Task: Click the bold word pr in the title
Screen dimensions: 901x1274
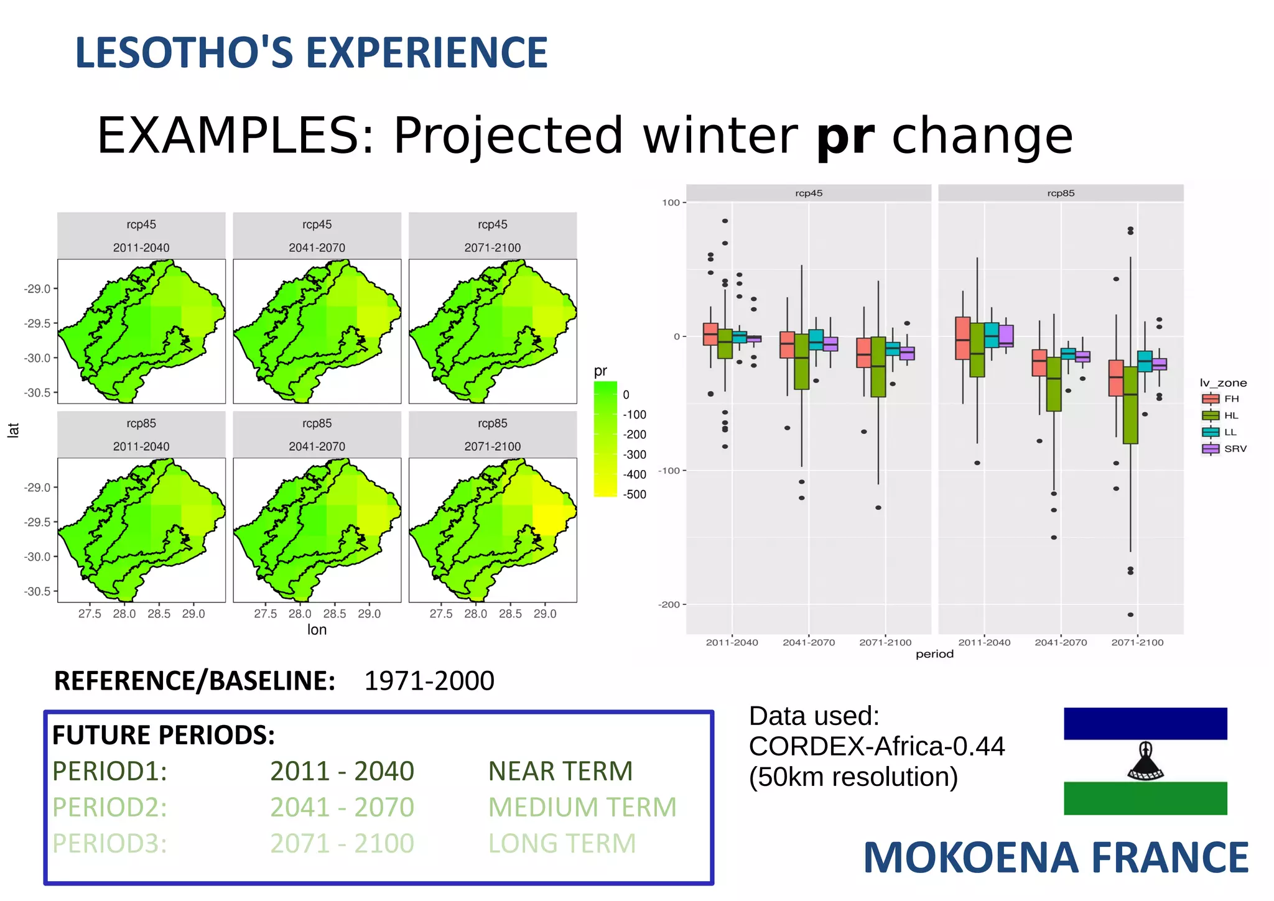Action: click(845, 137)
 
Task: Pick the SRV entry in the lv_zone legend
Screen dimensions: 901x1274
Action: click(1223, 449)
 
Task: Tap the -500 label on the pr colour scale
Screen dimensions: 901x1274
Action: click(635, 495)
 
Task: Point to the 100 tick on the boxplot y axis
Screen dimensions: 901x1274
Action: click(671, 203)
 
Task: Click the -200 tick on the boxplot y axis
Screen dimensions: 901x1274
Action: click(669, 604)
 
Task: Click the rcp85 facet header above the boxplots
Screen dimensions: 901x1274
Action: click(1060, 193)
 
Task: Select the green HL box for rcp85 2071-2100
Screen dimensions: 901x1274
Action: click(1130, 405)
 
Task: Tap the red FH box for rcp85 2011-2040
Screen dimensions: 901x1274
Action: click(962, 338)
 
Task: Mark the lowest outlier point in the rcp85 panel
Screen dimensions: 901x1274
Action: click(1130, 615)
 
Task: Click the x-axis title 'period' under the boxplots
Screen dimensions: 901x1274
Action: click(934, 654)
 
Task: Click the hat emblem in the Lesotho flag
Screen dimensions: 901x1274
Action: click(1145, 761)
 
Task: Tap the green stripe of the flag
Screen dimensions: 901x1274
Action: click(1145, 798)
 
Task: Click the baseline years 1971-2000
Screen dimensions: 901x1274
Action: click(429, 682)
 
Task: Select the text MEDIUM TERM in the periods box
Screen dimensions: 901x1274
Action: click(582, 808)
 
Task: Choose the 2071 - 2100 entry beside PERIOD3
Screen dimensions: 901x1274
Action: click(342, 844)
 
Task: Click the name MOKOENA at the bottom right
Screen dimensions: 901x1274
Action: click(970, 859)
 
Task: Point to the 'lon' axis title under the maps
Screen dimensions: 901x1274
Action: click(317, 630)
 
